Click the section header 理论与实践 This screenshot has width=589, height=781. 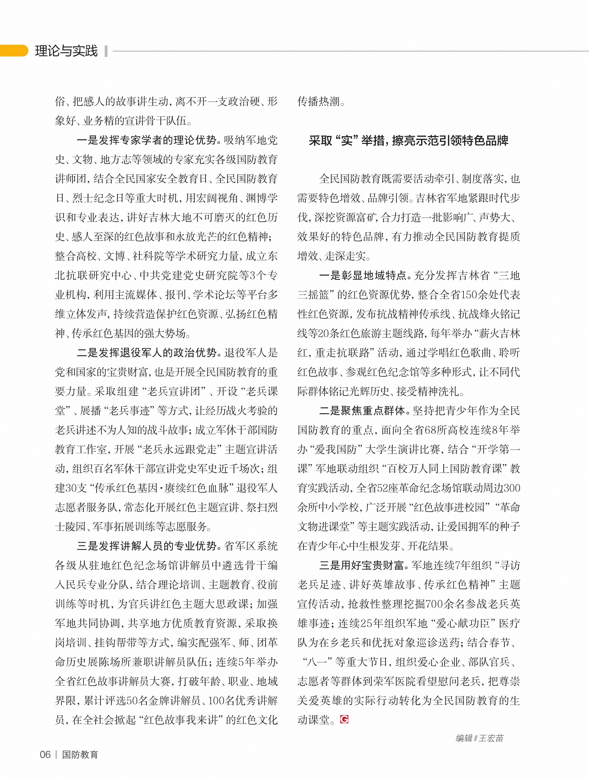pos(66,51)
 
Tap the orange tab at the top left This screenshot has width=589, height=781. pos(14,51)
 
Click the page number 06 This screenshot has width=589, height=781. pos(45,755)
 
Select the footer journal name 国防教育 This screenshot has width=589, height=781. pos(80,755)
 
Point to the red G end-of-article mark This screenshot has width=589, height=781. pos(344,719)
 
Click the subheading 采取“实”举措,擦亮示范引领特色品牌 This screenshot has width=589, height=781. pos(408,141)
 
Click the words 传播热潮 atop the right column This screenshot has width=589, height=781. pos(319,102)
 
